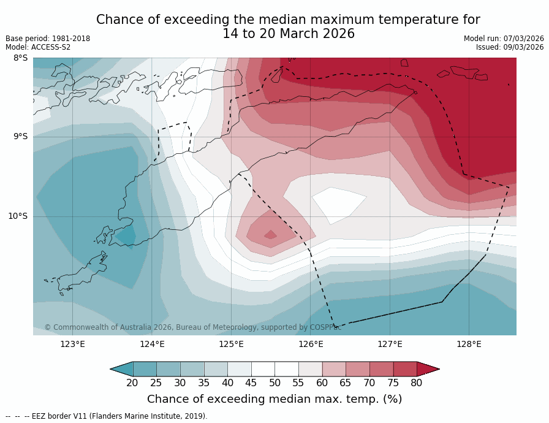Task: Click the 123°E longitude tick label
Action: pos(72,344)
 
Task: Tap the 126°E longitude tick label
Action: pos(311,344)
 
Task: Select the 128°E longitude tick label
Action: pos(469,344)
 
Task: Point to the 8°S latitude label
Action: pos(20,58)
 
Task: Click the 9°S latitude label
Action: pos(20,137)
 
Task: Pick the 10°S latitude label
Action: pos(18,216)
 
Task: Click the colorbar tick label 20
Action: pos(132,383)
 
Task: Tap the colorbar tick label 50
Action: pos(274,383)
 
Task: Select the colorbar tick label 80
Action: pos(417,383)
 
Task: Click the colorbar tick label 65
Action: pos(346,383)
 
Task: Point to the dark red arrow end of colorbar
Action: pos(428,368)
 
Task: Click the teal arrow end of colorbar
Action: pos(121,368)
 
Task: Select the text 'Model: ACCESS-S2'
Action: pos(38,47)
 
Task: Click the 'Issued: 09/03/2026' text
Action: pos(510,47)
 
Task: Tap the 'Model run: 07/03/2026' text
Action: pos(504,39)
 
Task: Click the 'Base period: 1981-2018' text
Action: pos(48,39)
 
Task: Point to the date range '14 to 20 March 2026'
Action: pos(288,34)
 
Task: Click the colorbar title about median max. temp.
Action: pos(274,399)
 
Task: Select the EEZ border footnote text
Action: pos(107,416)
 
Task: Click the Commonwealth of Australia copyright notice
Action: pos(192,327)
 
